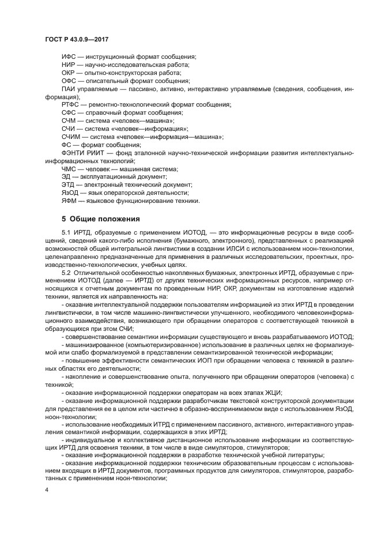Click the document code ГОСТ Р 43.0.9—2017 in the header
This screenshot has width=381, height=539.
(77, 39)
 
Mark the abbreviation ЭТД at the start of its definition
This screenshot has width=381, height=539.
(69, 185)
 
